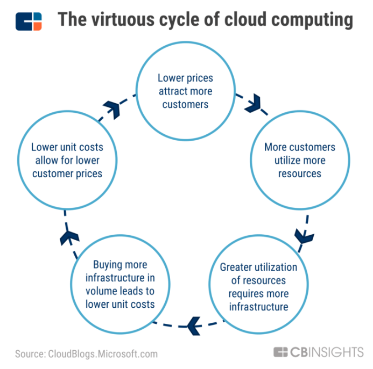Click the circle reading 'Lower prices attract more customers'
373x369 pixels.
[x=185, y=91]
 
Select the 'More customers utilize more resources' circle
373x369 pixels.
[x=299, y=160]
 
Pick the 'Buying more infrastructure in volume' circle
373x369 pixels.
[x=119, y=285]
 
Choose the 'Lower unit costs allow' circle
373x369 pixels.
[x=67, y=160]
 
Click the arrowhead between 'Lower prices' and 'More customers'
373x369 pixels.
[x=252, y=105]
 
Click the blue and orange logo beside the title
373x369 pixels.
[x=29, y=21]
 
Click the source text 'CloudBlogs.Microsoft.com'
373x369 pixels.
[x=102, y=353]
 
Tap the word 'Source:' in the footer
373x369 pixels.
[x=30, y=353]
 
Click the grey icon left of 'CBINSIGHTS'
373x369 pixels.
[x=281, y=352]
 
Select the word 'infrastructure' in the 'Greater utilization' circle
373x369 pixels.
[x=258, y=307]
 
